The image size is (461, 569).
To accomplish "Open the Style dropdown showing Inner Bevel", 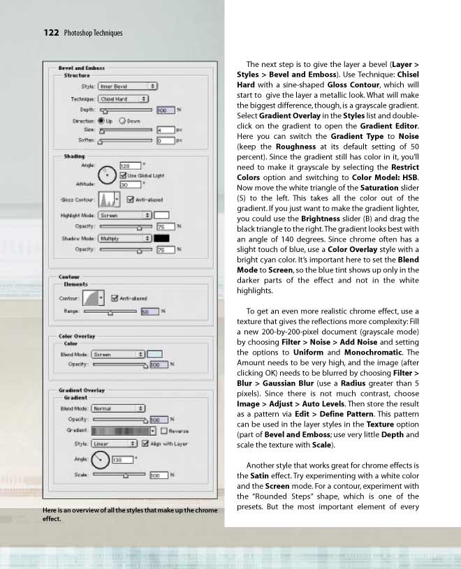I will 128,87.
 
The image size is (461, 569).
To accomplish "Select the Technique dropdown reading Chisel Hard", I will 128,99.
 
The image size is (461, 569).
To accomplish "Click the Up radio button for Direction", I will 101,120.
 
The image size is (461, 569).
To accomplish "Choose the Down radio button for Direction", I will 123,120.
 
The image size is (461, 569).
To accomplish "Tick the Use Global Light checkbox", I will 123,175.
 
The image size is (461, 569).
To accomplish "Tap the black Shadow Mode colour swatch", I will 161,238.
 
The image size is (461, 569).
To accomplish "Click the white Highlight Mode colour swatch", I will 161,216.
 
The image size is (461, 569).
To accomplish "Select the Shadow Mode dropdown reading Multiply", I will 125,238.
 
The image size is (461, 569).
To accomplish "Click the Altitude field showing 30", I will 129,185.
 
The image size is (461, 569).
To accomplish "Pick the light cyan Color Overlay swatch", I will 155,354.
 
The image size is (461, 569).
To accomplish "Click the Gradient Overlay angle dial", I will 101,459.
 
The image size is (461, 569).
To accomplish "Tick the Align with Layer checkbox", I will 145,443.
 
